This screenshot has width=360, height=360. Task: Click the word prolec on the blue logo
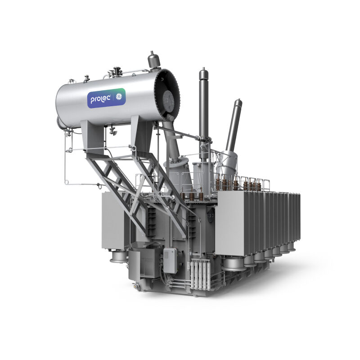pyautogui.click(x=100, y=99)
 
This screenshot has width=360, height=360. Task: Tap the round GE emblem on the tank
pyautogui.click(x=119, y=97)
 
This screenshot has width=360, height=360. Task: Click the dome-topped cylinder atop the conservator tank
pyautogui.click(x=153, y=60)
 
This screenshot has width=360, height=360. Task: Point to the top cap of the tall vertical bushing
pyautogui.click(x=204, y=73)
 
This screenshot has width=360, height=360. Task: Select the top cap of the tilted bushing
pyautogui.click(x=238, y=104)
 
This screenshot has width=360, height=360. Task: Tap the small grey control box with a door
pyautogui.click(x=170, y=261)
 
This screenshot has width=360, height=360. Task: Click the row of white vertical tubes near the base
pyautogui.click(x=200, y=274)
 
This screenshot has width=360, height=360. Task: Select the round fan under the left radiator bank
pyautogui.click(x=118, y=256)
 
